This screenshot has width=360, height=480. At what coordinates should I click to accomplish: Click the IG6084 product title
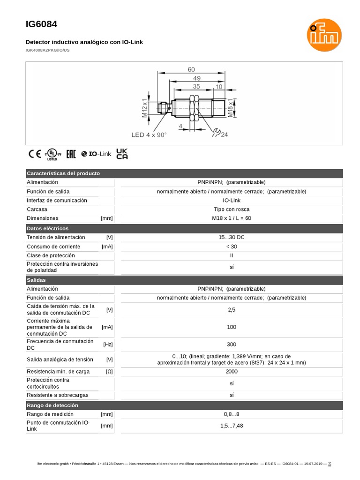click(42, 24)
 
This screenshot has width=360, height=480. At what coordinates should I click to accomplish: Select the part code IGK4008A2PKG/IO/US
click(47, 50)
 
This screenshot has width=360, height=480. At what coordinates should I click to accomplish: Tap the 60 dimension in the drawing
click(191, 69)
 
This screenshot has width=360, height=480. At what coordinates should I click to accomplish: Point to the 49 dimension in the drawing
click(197, 78)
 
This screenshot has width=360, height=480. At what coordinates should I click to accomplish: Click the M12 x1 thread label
click(145, 108)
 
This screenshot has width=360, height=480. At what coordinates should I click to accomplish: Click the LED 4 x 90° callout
click(149, 135)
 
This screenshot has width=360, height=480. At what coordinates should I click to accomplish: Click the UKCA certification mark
click(122, 154)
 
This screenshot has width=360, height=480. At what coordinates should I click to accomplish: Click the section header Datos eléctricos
click(48, 228)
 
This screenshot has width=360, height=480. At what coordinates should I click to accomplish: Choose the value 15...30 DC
click(232, 238)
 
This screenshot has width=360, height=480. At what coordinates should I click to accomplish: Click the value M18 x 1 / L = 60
click(232, 218)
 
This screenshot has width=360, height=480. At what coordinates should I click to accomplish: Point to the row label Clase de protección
click(51, 255)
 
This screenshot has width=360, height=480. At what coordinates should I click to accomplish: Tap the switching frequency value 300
click(232, 345)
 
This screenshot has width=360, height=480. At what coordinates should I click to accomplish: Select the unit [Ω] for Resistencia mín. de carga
click(109, 372)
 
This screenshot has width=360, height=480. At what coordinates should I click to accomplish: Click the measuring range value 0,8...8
click(232, 414)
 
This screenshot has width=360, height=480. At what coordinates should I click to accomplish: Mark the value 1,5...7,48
click(232, 426)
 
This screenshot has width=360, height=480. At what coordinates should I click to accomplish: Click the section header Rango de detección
click(52, 405)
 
